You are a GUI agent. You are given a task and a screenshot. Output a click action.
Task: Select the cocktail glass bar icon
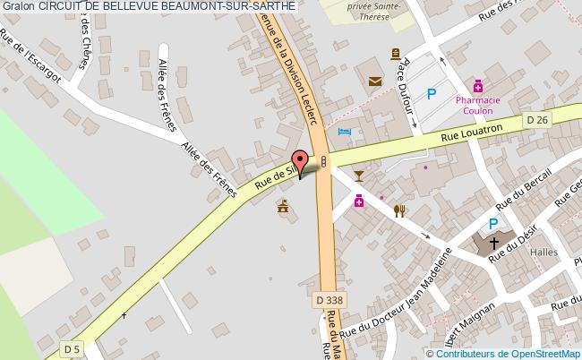[359, 175]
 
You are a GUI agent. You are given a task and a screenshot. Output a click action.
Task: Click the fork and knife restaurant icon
[399, 210]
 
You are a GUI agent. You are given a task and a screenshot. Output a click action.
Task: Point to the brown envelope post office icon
[374, 81]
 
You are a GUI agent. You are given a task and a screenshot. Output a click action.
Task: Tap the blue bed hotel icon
[345, 133]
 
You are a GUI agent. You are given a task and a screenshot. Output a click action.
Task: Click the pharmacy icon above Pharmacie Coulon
[478, 86]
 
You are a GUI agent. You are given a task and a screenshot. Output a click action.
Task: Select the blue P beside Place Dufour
[432, 92]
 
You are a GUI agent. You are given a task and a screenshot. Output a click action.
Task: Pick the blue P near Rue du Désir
[492, 224]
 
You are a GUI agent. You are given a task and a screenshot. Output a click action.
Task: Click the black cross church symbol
[493, 242]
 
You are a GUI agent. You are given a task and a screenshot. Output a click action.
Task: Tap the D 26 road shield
[537, 118]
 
